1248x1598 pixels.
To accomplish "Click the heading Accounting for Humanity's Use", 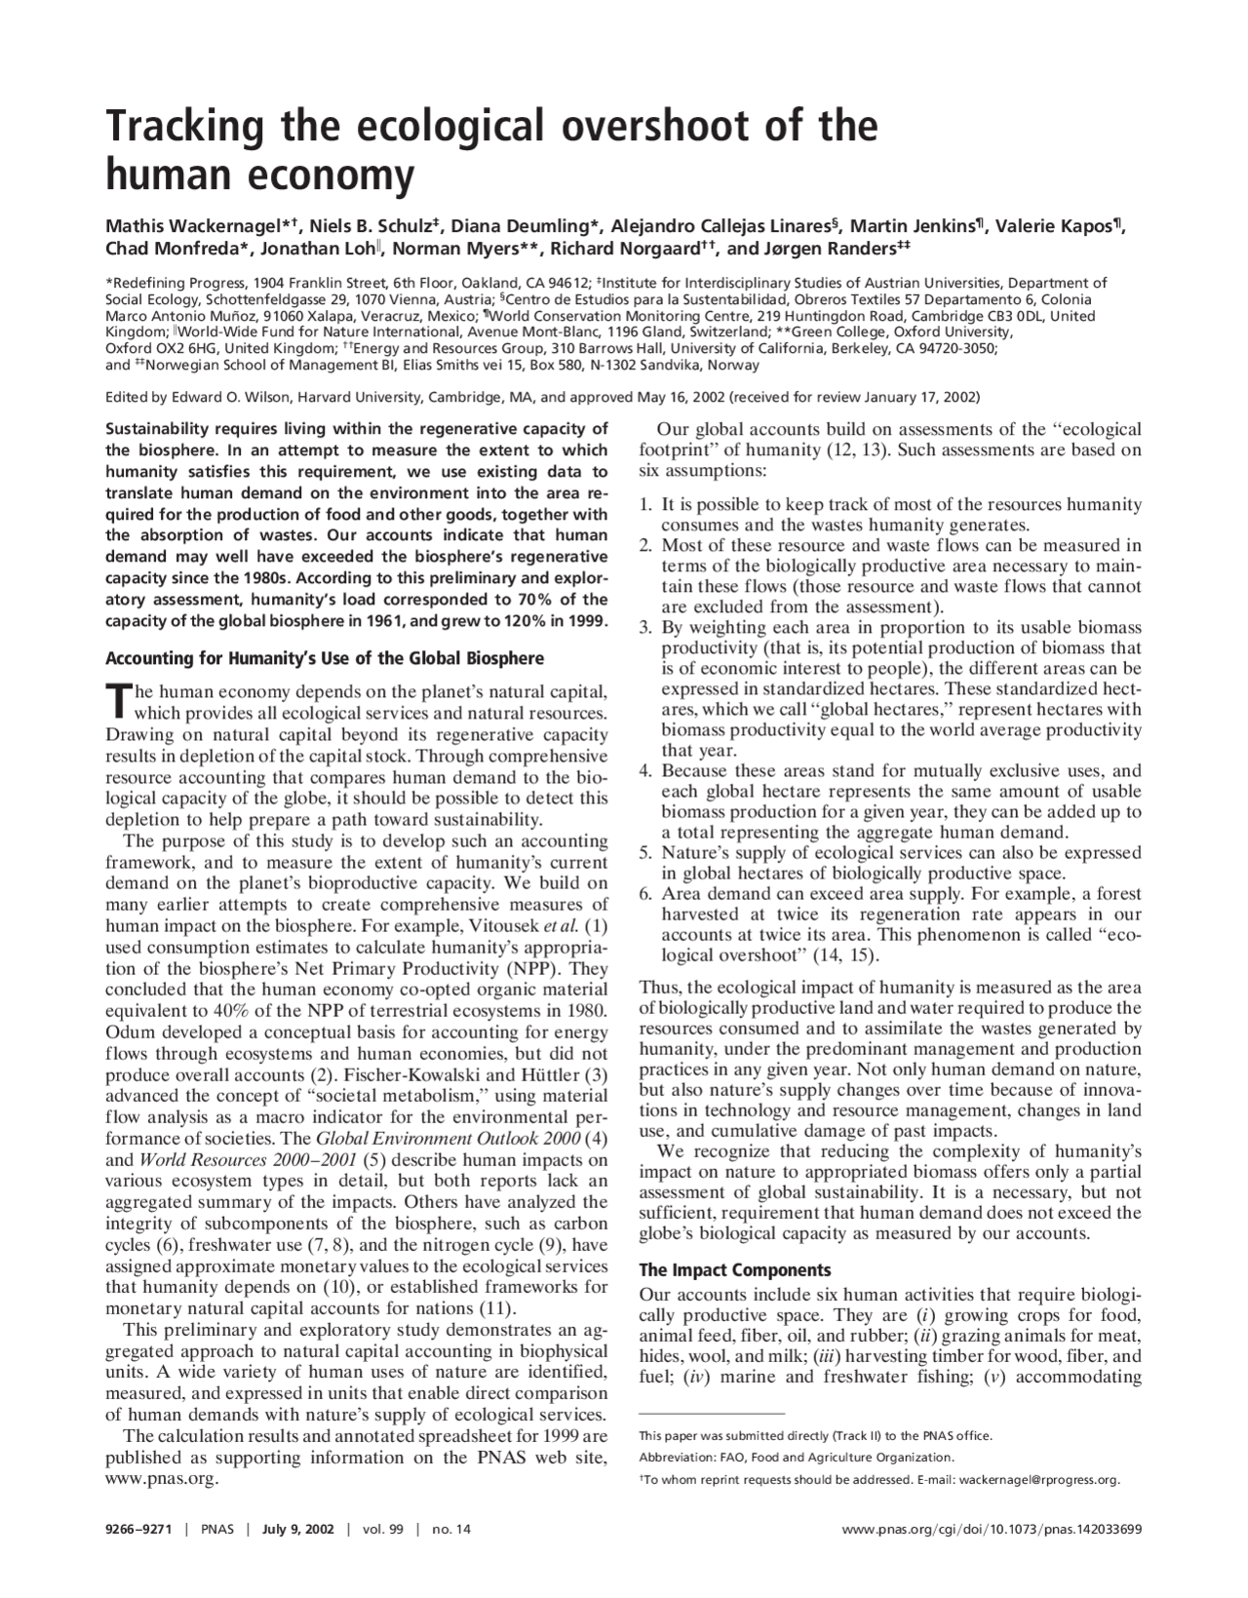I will click(x=324, y=658).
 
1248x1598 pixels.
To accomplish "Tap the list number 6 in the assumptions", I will click(x=645, y=893).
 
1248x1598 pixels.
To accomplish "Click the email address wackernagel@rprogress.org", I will click(x=1039, y=1480).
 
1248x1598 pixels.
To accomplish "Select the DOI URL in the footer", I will click(x=991, y=1530).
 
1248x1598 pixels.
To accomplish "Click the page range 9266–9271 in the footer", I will click(x=138, y=1530).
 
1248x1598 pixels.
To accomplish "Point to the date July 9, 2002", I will click(x=297, y=1530).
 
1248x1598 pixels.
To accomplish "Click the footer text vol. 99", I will click(x=382, y=1530).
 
